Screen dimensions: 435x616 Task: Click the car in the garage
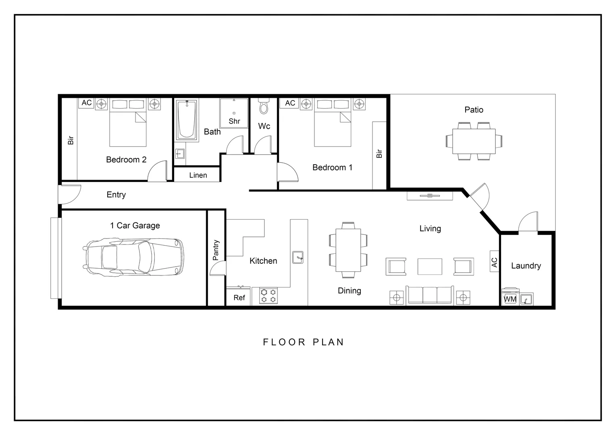coord(133,257)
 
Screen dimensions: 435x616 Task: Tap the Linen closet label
coord(198,175)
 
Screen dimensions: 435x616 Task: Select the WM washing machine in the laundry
coord(510,298)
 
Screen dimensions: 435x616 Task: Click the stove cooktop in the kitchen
coord(268,296)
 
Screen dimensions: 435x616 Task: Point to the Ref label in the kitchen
coord(239,298)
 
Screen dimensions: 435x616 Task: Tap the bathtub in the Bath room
coord(186,119)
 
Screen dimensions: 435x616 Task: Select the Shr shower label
coord(234,121)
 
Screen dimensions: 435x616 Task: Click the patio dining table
coord(474,141)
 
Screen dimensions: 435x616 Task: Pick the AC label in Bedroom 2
coord(87,103)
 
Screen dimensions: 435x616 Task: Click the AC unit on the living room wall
coord(495,262)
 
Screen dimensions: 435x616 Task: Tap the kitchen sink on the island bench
coord(298,257)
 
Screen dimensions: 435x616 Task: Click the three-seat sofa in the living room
coord(429,295)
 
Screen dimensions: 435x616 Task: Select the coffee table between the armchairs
coord(429,267)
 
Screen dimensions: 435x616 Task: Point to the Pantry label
coord(216,250)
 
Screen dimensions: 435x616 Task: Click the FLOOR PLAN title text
coord(303,342)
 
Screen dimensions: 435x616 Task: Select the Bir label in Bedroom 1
coord(379,153)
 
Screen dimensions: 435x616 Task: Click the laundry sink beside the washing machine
coord(526,299)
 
